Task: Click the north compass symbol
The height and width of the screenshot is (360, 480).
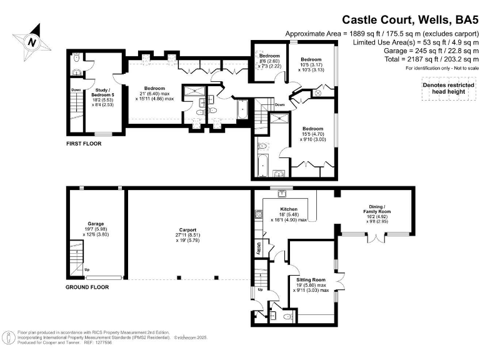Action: (x=31, y=41)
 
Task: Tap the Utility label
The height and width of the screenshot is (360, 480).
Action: (x=257, y=248)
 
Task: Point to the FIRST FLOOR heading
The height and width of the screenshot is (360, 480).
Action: (x=84, y=144)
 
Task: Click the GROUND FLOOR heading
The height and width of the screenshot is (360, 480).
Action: (x=87, y=287)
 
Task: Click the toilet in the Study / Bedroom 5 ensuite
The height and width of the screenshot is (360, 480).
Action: (x=76, y=58)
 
